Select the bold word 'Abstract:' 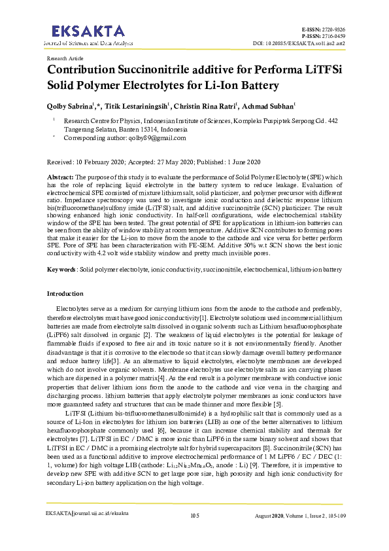pos(61,177)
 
